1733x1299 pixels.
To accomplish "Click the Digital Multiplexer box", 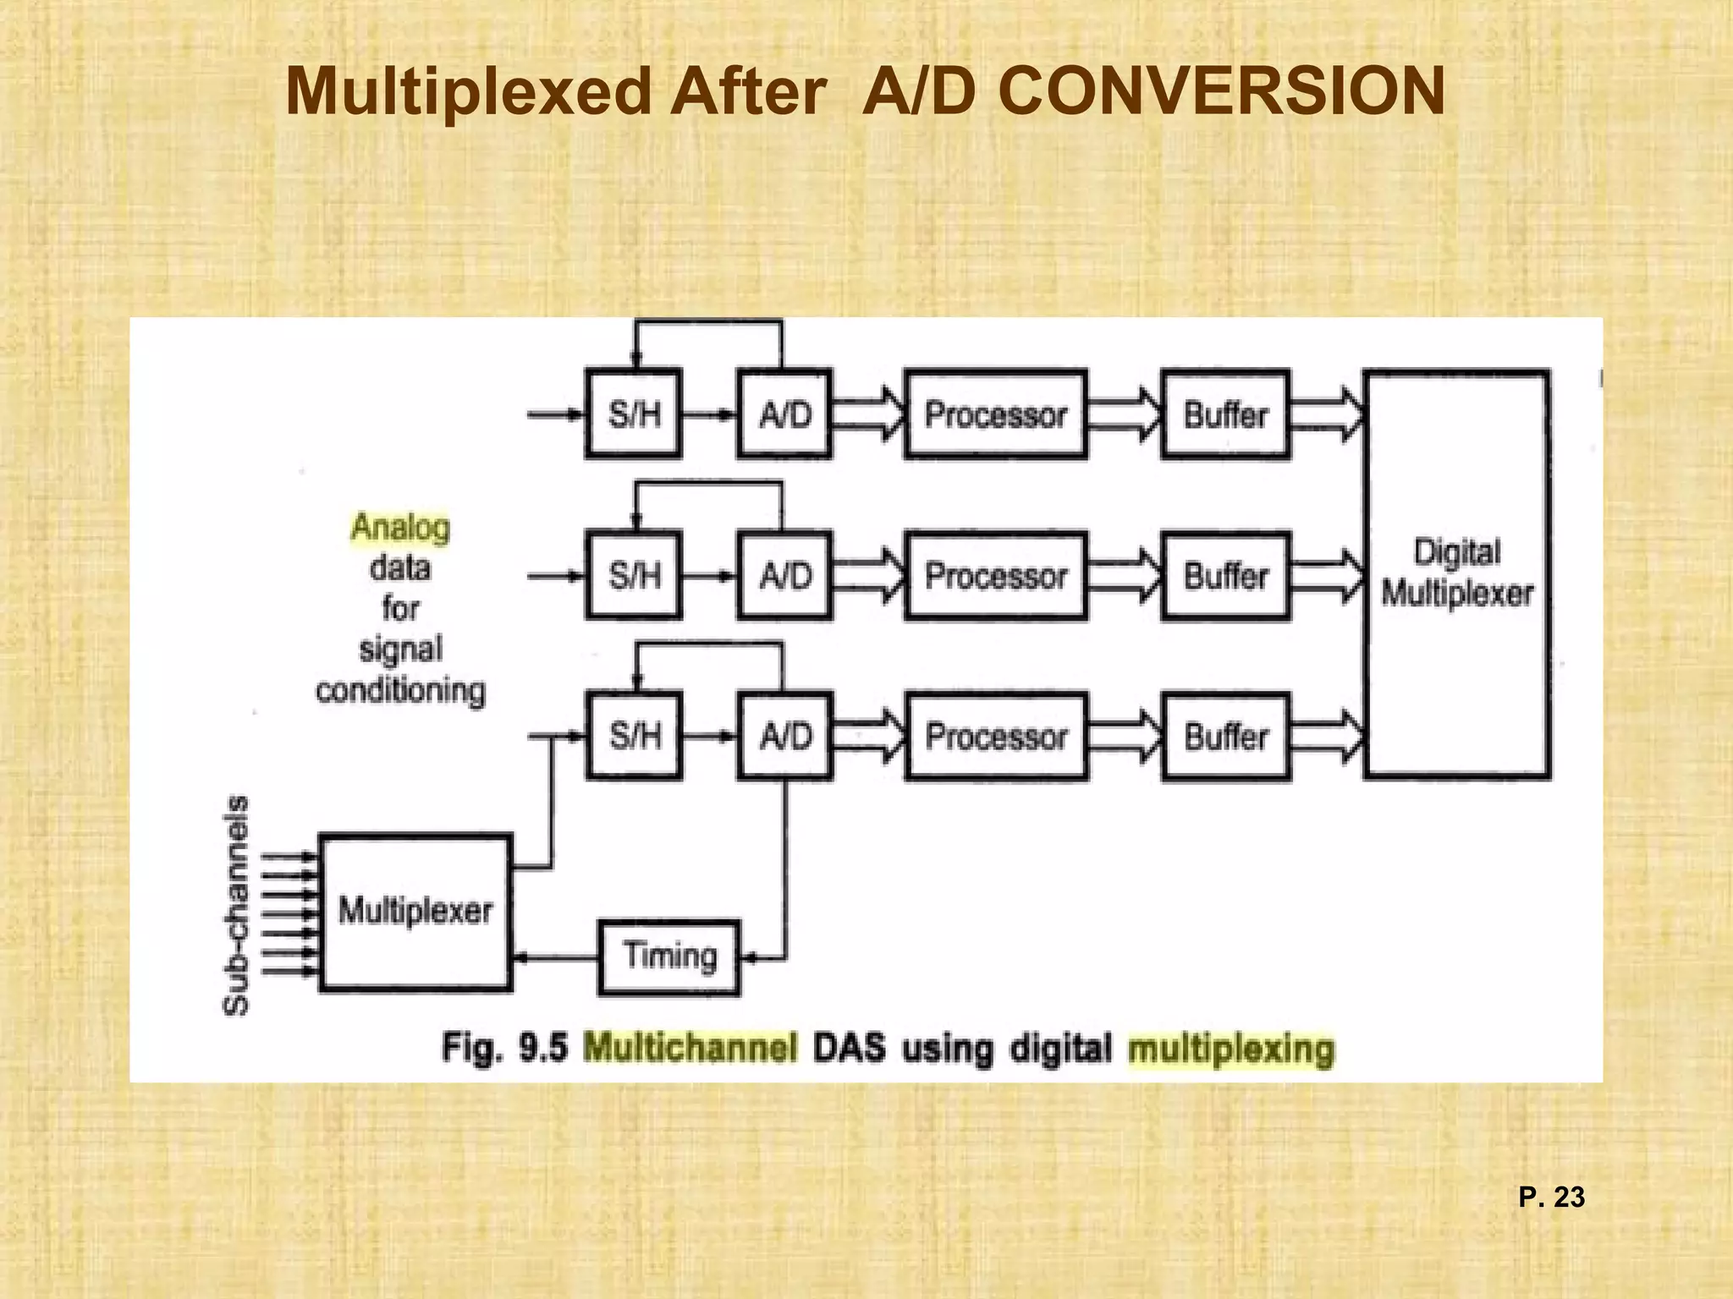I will click(x=1457, y=573).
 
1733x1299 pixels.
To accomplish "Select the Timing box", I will click(x=668, y=957).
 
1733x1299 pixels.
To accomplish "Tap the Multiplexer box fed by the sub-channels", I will click(x=415, y=912).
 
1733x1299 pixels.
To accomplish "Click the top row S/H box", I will click(x=634, y=414).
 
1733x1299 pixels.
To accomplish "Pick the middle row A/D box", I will click(x=784, y=576).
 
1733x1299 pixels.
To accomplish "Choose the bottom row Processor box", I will click(x=996, y=736).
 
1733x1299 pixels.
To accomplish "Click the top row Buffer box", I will click(x=1226, y=414).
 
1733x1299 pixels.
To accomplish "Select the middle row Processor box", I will click(x=996, y=576).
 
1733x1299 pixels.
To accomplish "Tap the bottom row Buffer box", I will click(x=1226, y=736).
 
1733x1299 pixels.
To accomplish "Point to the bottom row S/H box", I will click(x=634, y=736).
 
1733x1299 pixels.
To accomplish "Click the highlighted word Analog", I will click(x=400, y=527).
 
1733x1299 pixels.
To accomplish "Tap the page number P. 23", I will click(x=1551, y=1198).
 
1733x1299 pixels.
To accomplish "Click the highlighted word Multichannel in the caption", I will click(x=690, y=1049).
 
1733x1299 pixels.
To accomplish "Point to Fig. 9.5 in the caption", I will click(x=504, y=1049).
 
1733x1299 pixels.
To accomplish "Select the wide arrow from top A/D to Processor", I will click(x=868, y=414).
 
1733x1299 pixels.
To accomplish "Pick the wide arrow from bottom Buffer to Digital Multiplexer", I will click(x=1327, y=736).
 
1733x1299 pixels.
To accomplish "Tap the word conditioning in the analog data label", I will click(x=400, y=691).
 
